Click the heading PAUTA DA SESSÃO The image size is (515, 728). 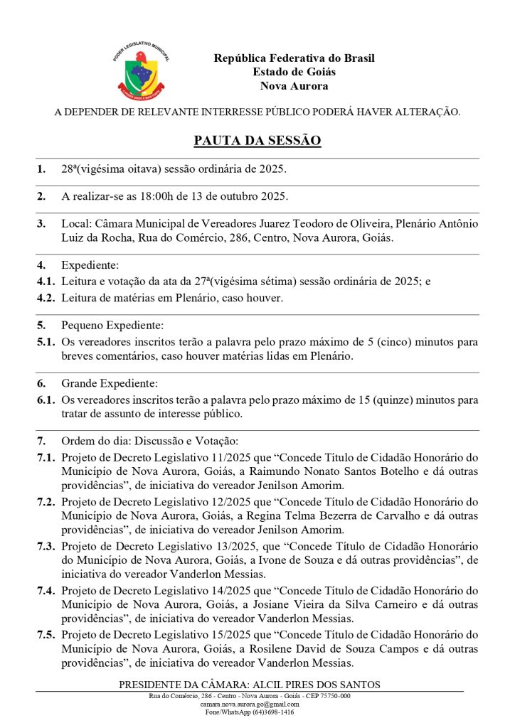tap(257, 141)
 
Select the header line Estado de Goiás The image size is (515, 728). tap(294, 72)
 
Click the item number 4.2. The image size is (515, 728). tap(46, 298)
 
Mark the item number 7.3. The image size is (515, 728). tap(46, 546)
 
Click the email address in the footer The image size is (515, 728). tap(250, 703)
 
